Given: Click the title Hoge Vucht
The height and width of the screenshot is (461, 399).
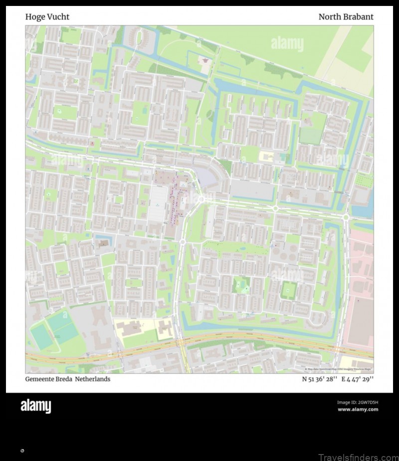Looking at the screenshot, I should [47, 17].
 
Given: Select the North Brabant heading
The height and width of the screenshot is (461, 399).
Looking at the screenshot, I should [346, 17].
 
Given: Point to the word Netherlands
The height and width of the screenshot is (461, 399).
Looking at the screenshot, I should [93, 379].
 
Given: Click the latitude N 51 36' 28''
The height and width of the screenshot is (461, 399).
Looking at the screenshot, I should [319, 379].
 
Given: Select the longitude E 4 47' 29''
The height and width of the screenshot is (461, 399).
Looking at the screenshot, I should [357, 379].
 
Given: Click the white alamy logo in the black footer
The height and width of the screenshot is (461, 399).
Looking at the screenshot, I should [35, 406].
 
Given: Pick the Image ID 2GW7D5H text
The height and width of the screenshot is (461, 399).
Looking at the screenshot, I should [358, 402].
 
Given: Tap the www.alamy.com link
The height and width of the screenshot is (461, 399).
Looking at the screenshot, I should [358, 410].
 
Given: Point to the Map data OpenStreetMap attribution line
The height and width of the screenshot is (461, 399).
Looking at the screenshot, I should [339, 369].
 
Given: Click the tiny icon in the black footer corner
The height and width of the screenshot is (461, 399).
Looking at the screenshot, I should [22, 451].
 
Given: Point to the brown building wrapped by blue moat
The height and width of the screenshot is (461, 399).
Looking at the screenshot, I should [103, 243].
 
